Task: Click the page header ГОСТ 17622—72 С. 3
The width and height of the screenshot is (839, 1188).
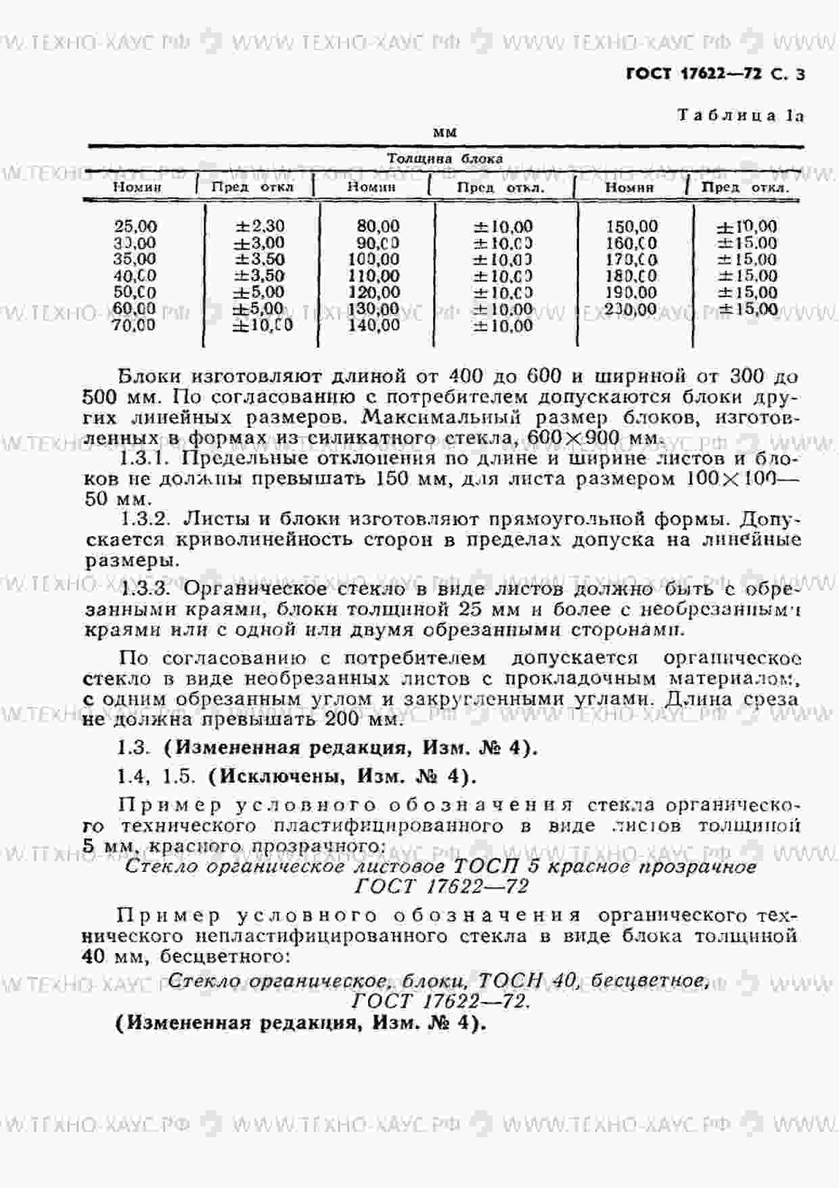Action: pyautogui.click(x=715, y=75)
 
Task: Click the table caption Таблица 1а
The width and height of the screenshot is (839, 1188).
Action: pyautogui.click(x=740, y=116)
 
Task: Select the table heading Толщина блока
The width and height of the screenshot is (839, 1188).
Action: pyautogui.click(x=445, y=159)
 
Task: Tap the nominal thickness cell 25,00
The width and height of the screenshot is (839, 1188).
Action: pyautogui.click(x=135, y=227)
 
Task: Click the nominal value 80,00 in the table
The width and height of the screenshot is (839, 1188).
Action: pyautogui.click(x=378, y=226)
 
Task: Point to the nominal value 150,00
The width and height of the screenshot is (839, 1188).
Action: pyautogui.click(x=631, y=227)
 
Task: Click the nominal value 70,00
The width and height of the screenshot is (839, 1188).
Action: pyautogui.click(x=135, y=326)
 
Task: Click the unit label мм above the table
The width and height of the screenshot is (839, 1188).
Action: pyautogui.click(x=445, y=133)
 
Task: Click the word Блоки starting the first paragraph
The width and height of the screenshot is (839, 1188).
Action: pyautogui.click(x=148, y=376)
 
